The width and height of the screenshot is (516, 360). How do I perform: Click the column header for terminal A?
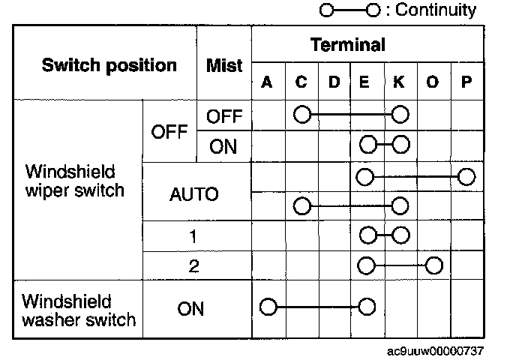pyautogui.click(x=266, y=82)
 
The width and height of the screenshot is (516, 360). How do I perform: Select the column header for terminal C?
pyautogui.click(x=301, y=82)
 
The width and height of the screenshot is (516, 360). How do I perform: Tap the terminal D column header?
pyautogui.click(x=334, y=82)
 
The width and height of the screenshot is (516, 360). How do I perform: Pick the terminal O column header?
pyautogui.click(x=433, y=82)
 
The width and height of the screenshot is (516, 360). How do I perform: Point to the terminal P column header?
pyautogui.click(x=466, y=82)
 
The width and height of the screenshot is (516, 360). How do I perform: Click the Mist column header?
pyautogui.click(x=224, y=65)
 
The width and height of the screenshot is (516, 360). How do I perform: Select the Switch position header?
pyautogui.click(x=109, y=64)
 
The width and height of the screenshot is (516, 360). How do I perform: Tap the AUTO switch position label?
pyautogui.click(x=193, y=195)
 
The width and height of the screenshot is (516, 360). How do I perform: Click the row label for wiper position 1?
pyautogui.click(x=193, y=236)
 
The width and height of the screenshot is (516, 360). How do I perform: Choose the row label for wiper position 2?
pyautogui.click(x=193, y=265)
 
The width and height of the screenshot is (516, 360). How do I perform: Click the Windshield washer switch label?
pyautogui.click(x=79, y=311)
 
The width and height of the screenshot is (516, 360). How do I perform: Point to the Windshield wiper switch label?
pyautogui.click(x=73, y=181)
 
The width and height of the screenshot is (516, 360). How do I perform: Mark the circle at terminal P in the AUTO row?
pyautogui.click(x=466, y=177)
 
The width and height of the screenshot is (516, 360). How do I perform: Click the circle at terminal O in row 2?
pyautogui.click(x=433, y=265)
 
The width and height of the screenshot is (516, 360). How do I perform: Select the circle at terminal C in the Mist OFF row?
pyautogui.click(x=301, y=115)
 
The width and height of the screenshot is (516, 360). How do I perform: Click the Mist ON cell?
pyautogui.click(x=223, y=145)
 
